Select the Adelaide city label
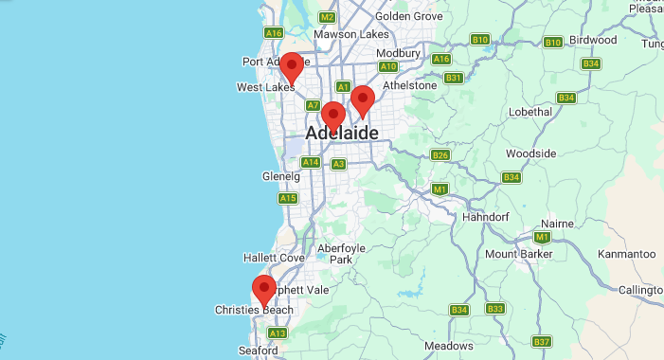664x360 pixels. coord(341,134)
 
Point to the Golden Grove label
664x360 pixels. coord(409,16)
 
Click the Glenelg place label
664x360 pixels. coord(280,176)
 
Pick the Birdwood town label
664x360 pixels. coord(592,40)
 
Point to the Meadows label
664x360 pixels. coord(449,346)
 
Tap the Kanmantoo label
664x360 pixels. coord(627,254)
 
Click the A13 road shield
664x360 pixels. coord(278,333)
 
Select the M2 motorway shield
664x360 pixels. coord(328,17)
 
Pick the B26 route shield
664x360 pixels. coord(440,154)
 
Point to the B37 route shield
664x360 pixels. coord(542,341)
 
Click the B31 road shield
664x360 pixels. coord(454,78)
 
